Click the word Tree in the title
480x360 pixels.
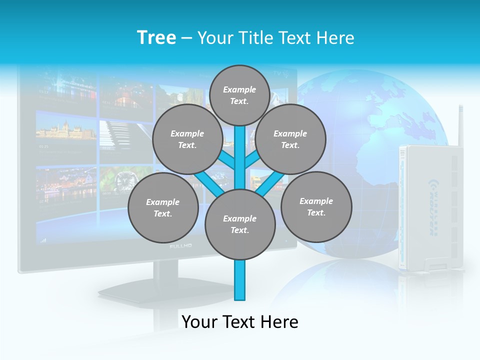(x=156, y=37)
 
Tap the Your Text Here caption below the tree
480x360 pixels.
(x=240, y=322)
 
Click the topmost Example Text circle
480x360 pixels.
(x=239, y=95)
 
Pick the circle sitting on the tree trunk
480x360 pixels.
(x=240, y=224)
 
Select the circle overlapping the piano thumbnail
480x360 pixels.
(x=187, y=139)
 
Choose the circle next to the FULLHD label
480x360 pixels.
(x=163, y=208)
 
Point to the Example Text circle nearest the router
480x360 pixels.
(x=316, y=206)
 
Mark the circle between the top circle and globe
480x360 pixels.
(x=290, y=139)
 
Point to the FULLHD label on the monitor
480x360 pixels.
(x=180, y=246)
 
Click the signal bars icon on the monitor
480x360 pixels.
(x=43, y=240)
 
